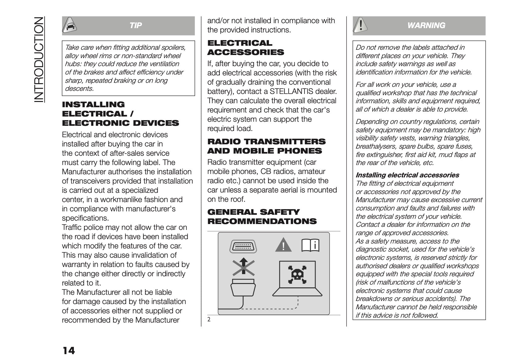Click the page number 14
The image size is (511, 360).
(69, 350)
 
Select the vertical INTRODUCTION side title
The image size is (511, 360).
(40, 59)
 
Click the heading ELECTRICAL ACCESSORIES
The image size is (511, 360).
(245, 48)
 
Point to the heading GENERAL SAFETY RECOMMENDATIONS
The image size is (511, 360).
(262, 217)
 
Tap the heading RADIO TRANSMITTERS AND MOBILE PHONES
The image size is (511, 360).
(266, 146)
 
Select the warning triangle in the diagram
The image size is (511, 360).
(283, 246)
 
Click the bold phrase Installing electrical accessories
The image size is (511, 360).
(407, 175)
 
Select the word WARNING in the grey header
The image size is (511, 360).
(426, 26)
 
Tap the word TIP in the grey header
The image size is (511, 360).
(136, 26)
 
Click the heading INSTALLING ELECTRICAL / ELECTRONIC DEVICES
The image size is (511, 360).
(120, 114)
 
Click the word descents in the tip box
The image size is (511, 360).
(79, 89)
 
